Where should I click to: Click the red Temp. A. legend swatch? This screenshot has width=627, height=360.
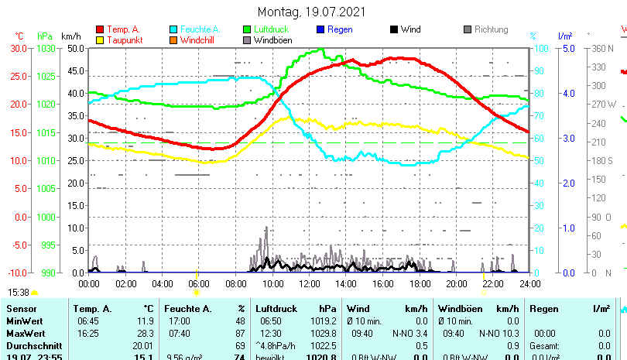[x=99, y=29]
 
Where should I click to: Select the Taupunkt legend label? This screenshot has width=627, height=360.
[x=124, y=39]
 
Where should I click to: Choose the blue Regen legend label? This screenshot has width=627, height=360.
[x=341, y=29]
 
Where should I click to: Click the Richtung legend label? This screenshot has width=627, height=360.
[x=492, y=29]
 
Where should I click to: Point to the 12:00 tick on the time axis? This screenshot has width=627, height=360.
[x=309, y=283]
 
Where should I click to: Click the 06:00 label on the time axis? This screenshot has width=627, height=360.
[x=199, y=283]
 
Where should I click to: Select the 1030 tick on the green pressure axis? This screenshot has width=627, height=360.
[x=46, y=48]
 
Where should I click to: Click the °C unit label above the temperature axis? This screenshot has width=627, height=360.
[x=19, y=36]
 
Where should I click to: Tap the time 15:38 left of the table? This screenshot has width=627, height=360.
[x=19, y=292]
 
